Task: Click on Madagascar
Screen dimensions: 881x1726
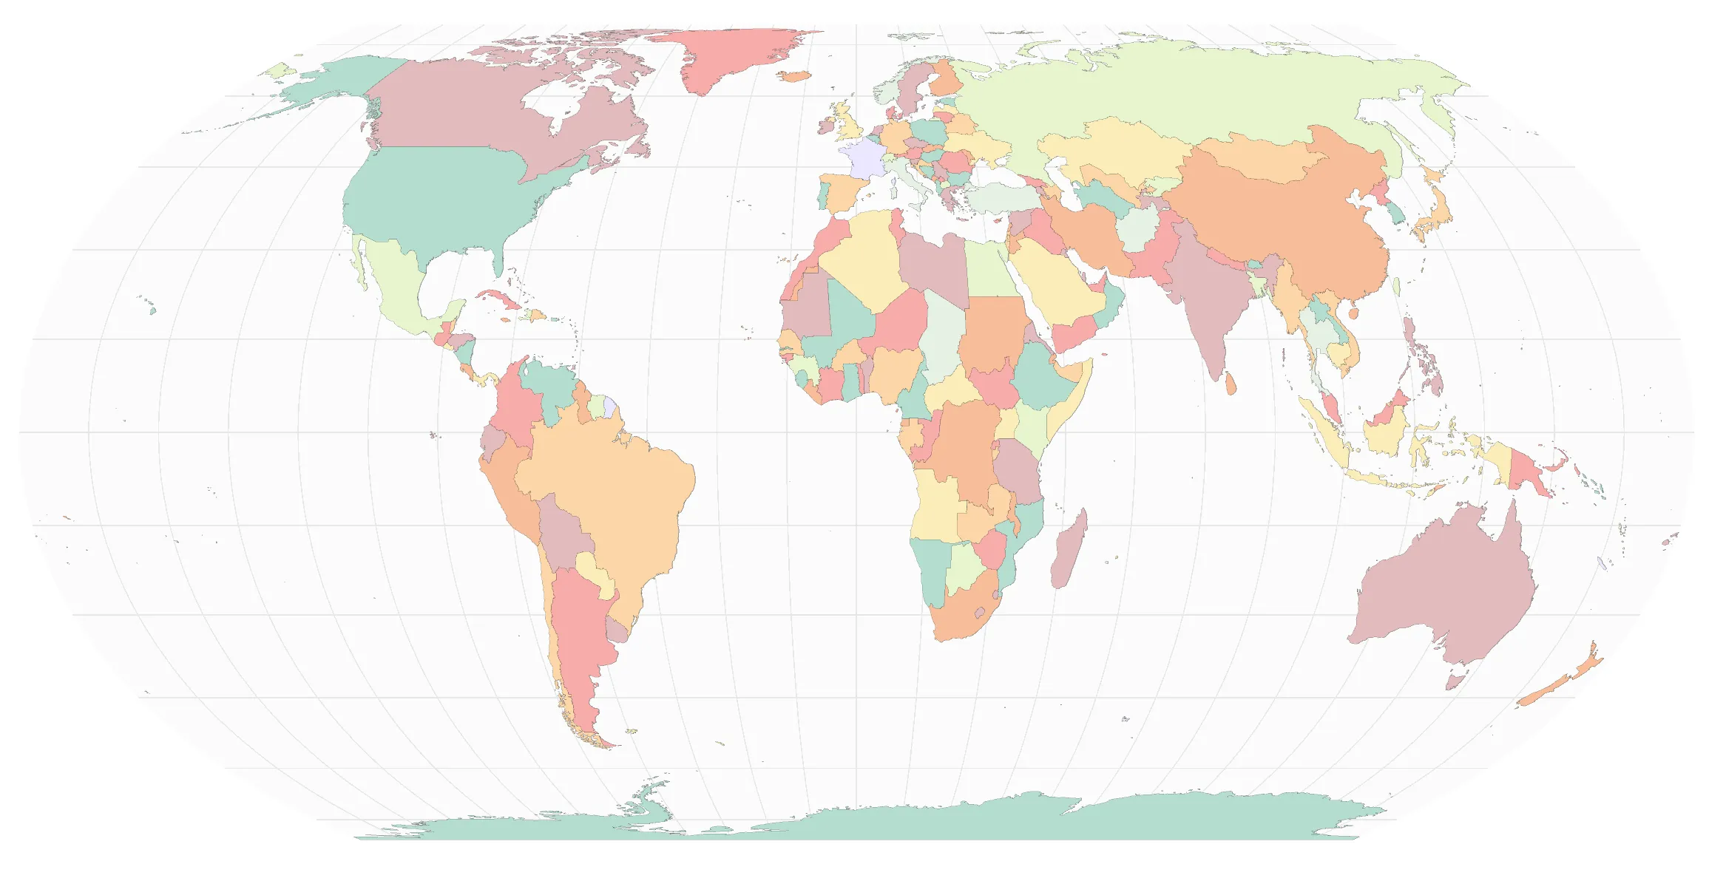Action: tap(1068, 551)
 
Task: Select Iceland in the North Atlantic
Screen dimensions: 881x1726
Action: tap(795, 75)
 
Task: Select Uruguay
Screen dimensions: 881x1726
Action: tap(617, 630)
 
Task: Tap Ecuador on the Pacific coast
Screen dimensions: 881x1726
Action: tap(492, 443)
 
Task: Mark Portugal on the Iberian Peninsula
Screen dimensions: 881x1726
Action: tap(823, 194)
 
